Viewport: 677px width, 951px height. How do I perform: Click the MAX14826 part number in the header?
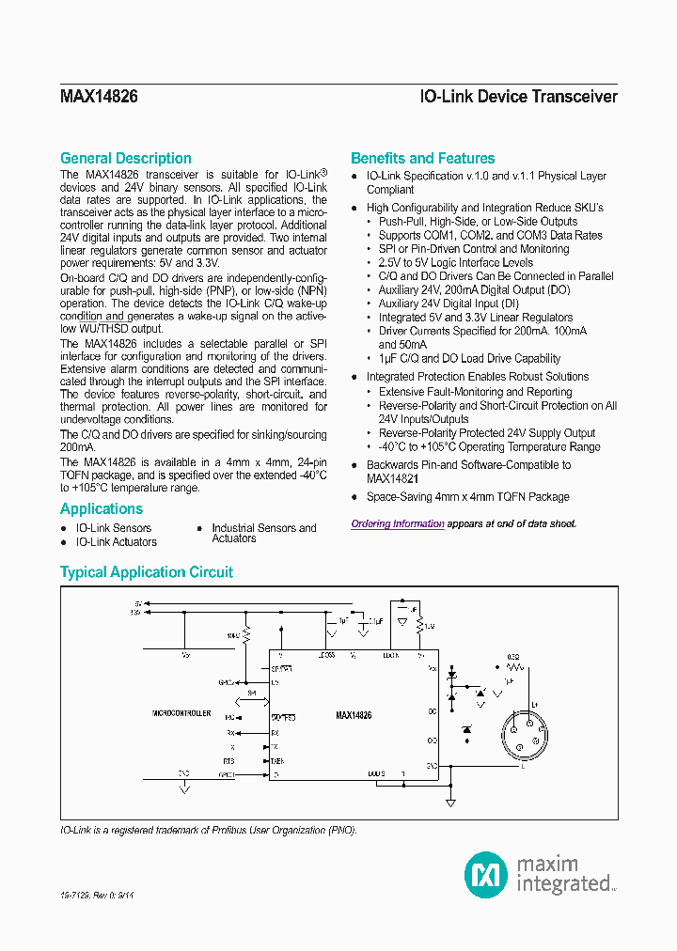click(99, 97)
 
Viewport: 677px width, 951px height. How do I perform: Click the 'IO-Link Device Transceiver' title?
click(518, 97)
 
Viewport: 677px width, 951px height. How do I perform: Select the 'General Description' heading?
click(125, 158)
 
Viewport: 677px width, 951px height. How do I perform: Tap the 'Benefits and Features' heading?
click(422, 158)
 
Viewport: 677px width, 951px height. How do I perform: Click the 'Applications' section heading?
click(101, 508)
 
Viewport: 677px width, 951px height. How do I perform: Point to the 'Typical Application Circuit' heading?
click(146, 571)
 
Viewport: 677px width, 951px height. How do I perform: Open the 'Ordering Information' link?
click(398, 523)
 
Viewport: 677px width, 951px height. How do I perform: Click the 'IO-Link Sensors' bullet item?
click(113, 528)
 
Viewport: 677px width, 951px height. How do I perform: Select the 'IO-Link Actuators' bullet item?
click(116, 542)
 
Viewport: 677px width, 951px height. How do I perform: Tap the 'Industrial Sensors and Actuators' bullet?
click(263, 533)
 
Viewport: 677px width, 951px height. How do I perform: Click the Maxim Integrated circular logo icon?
click(486, 874)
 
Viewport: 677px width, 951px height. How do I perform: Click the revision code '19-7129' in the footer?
click(75, 897)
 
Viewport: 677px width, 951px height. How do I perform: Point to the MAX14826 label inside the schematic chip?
click(354, 715)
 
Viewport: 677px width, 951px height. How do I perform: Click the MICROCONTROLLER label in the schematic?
click(181, 714)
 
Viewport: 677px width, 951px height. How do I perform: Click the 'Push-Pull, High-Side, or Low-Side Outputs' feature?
click(477, 222)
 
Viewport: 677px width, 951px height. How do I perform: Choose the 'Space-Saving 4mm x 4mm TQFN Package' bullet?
click(467, 496)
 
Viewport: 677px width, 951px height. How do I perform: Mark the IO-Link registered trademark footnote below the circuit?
click(208, 831)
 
